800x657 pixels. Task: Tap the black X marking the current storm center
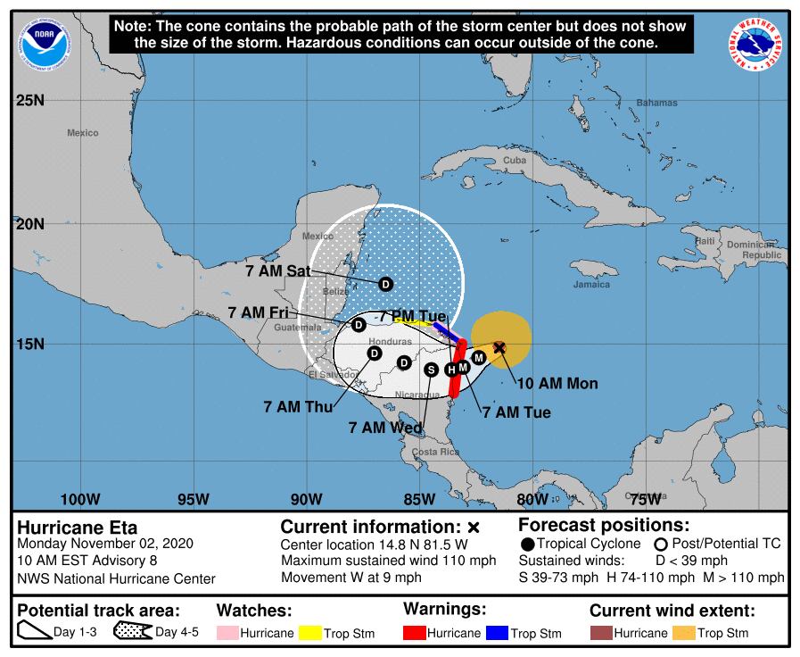click(x=499, y=347)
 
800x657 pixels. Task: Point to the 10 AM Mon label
click(x=557, y=384)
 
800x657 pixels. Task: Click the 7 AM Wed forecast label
click(x=386, y=428)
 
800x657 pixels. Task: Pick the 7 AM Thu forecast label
click(x=298, y=406)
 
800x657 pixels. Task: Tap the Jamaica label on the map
click(x=591, y=285)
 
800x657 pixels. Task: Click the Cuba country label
click(x=515, y=161)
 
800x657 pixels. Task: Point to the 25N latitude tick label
click(x=30, y=100)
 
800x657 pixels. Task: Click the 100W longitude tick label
click(x=78, y=498)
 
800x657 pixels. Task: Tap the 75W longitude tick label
click(x=644, y=498)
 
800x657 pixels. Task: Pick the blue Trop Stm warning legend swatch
click(x=496, y=633)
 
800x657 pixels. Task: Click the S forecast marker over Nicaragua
click(x=432, y=369)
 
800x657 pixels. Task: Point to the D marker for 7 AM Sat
click(x=385, y=284)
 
